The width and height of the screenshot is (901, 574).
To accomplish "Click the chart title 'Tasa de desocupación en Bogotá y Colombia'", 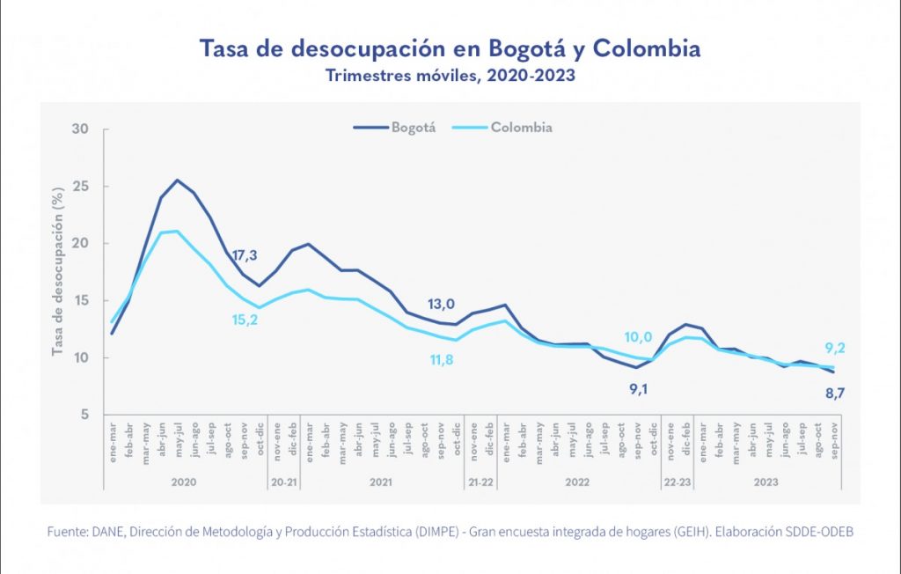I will click(450, 48).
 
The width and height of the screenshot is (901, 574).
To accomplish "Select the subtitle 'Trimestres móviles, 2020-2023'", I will click(450, 76).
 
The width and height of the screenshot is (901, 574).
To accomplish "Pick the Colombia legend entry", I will click(503, 128).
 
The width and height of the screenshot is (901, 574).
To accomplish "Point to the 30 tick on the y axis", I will click(81, 129).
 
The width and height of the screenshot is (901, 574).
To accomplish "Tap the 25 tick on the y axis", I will click(81, 187).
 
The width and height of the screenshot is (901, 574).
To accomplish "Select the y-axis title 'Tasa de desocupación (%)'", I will click(58, 271).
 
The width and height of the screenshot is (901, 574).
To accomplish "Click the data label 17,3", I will click(244, 256).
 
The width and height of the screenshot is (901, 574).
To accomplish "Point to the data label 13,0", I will click(441, 304).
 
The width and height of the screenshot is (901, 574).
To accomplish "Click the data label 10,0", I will click(639, 337).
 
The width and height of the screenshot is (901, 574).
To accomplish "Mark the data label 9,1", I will click(639, 387).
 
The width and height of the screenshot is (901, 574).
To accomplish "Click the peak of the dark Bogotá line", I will click(178, 180).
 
